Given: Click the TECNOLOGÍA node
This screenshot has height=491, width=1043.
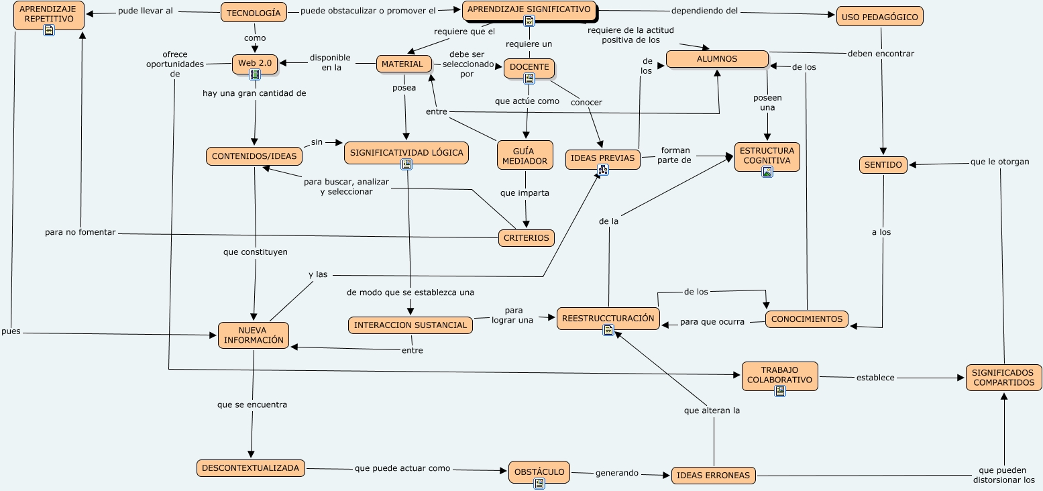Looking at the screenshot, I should coord(254,12).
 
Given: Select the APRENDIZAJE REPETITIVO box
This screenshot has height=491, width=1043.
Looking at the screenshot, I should coord(49,14).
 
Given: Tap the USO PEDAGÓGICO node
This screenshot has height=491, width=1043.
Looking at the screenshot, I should coord(879,17).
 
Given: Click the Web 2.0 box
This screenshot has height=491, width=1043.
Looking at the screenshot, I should coord(255,63).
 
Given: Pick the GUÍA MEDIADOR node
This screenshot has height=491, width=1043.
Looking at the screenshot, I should coord(525,155).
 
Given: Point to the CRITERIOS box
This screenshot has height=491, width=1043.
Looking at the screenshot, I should coord(527,237).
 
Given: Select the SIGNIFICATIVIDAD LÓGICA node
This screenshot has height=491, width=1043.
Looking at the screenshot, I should coord(406,152).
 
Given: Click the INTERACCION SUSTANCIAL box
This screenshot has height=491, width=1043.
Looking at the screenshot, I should coord(410,325).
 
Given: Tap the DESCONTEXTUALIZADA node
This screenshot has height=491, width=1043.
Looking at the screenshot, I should coord(251,468).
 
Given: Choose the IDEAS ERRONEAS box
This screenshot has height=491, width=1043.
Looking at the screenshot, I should coord(713,476).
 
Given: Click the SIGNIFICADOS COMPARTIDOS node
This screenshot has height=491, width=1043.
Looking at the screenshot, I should coord(1003,377).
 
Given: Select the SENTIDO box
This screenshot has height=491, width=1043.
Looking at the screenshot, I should coord(883,164).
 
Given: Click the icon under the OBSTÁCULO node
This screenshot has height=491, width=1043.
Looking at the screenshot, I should coord(539,483).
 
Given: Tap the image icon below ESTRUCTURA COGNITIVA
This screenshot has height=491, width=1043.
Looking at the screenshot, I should coord(767,172).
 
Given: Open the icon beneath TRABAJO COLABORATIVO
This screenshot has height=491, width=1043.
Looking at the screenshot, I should coord(779,391).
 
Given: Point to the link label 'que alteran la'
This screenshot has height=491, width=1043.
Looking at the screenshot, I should coord(712,411).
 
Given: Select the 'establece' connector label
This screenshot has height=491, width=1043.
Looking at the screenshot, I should coord(875,378).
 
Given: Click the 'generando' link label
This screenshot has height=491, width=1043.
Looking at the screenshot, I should coord(616,473).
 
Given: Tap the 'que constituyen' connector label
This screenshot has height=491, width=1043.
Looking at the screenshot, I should coord(256,252).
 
